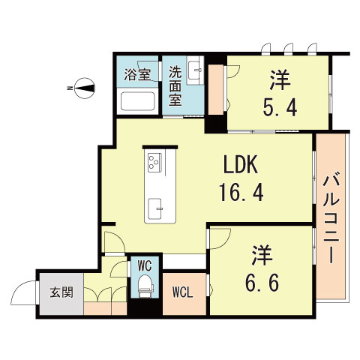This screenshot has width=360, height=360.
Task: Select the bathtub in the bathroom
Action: click(x=136, y=101)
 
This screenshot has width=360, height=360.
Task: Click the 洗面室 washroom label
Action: click(x=175, y=86)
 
